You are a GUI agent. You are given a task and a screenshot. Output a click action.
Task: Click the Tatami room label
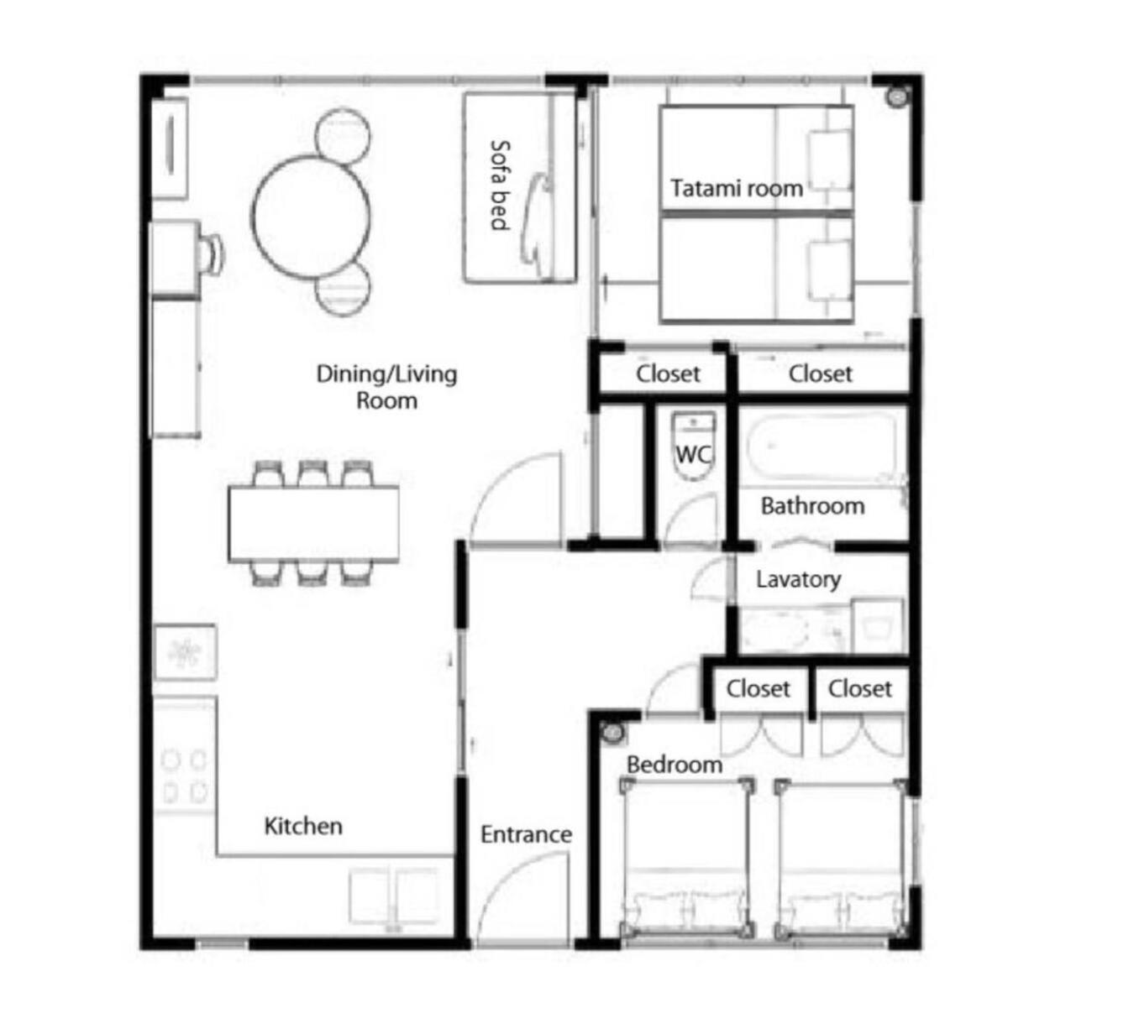click(x=736, y=189)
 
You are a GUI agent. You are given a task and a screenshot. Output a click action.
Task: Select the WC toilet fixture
click(x=694, y=446)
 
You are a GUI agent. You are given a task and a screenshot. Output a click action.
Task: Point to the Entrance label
click(x=526, y=834)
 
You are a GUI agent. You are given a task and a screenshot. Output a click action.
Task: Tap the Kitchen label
click(x=303, y=826)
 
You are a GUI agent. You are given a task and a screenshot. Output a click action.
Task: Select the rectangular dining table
click(x=313, y=523)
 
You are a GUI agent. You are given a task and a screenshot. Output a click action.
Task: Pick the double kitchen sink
click(x=394, y=896)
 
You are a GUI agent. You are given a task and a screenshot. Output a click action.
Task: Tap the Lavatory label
click(x=798, y=579)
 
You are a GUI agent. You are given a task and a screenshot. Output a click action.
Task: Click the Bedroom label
click(x=675, y=765)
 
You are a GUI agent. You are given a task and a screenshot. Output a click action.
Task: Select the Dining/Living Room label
click(x=386, y=387)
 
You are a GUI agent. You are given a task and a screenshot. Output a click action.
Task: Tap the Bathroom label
click(x=812, y=505)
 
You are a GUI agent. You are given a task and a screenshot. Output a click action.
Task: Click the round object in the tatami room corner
click(x=897, y=97)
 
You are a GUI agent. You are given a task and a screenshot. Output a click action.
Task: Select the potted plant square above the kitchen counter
click(x=185, y=651)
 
